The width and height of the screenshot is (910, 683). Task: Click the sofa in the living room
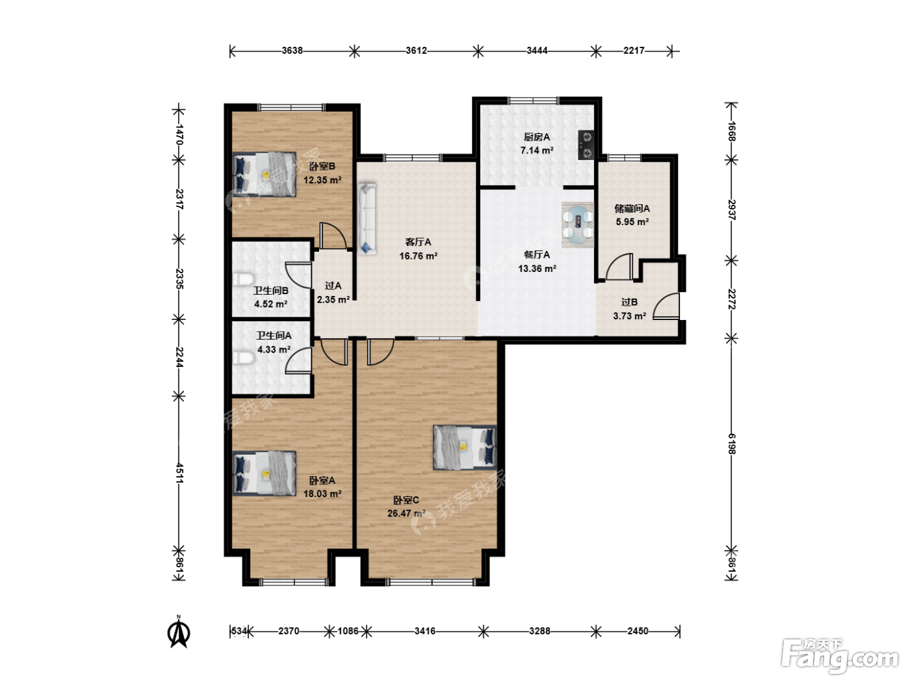[367, 219]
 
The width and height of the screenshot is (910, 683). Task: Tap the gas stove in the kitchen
[586, 144]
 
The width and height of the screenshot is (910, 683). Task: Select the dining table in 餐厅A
[577, 225]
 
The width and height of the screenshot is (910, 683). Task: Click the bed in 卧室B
[265, 174]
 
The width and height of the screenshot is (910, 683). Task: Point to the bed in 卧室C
[465, 448]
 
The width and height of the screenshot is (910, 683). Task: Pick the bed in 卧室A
[265, 473]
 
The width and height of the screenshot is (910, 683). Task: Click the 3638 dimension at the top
[292, 51]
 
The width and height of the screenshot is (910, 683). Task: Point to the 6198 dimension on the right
[732, 444]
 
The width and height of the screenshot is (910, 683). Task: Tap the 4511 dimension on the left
[179, 473]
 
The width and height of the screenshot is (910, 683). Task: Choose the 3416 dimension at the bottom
[425, 631]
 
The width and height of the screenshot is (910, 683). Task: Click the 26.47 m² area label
[406, 513]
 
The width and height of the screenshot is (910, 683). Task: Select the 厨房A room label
[537, 137]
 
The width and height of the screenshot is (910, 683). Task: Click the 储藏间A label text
[632, 208]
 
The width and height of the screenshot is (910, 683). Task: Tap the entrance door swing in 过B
[666, 306]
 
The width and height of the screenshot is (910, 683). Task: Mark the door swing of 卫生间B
[298, 275]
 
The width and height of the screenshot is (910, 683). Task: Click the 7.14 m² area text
[537, 150]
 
